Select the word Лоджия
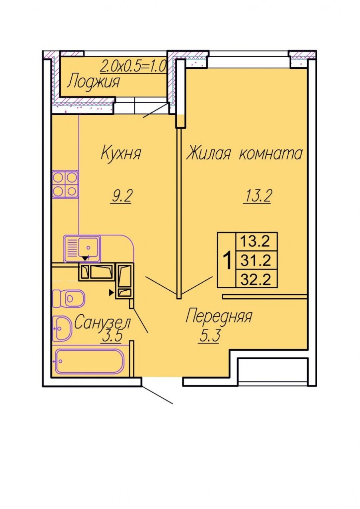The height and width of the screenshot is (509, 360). coord(94,82)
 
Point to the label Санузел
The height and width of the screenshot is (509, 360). coord(102,322)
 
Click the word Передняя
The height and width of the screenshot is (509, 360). coord(219,316)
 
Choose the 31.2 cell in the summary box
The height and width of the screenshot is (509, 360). coord(256,260)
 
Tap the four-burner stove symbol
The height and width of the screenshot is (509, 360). coord(66,184)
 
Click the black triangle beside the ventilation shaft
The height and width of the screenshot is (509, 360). coord(111,293)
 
